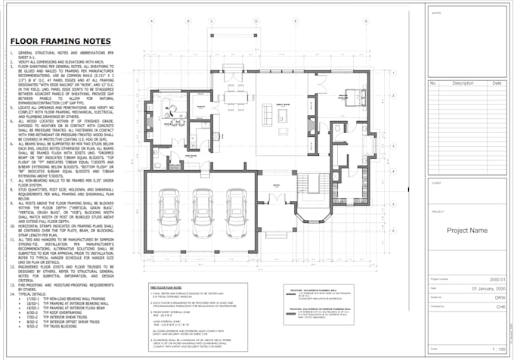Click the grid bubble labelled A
point(153,22)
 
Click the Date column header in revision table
point(496,83)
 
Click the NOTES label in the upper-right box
point(436,13)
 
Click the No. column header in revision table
point(432,83)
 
